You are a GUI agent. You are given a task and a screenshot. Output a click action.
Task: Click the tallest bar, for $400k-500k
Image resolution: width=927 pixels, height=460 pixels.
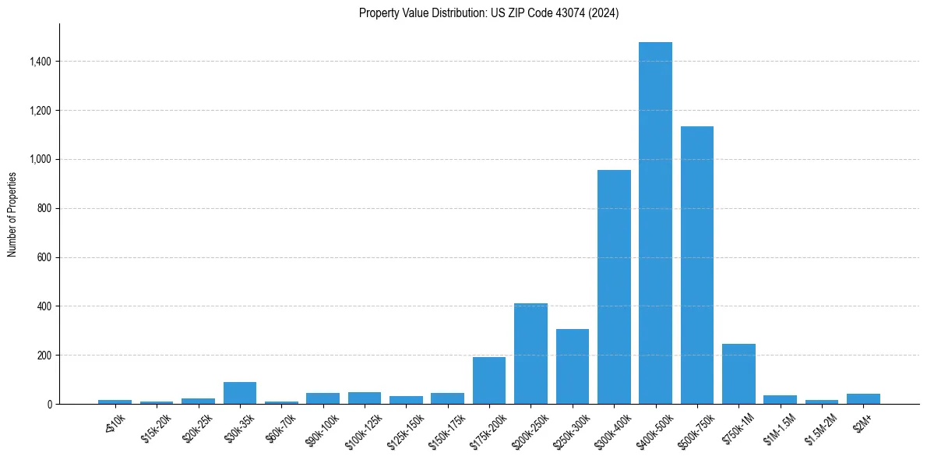tap(655, 223)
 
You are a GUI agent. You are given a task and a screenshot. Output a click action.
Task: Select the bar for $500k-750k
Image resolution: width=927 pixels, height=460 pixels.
tap(696, 265)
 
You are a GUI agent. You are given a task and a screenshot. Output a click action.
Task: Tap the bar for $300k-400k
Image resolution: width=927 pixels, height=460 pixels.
tap(614, 287)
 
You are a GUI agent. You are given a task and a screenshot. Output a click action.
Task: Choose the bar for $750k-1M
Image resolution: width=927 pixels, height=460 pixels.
tap(738, 373)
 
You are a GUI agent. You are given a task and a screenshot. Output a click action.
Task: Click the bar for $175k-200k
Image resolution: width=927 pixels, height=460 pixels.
tap(489, 380)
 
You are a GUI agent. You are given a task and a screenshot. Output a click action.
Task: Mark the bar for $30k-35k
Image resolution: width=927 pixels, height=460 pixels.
tap(239, 393)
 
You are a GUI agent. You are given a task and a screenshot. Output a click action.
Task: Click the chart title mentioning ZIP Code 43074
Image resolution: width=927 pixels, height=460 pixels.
tap(488, 13)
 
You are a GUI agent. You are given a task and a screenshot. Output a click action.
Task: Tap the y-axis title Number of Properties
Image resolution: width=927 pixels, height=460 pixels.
tap(12, 214)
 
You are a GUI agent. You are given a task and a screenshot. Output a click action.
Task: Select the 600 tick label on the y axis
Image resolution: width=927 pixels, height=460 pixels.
tap(44, 257)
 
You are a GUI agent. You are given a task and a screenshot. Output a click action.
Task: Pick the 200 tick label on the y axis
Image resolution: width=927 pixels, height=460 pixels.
tap(44, 356)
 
